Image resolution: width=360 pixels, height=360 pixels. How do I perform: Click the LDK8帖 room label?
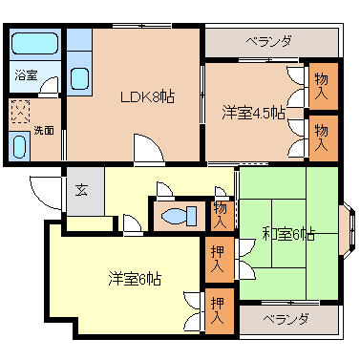[146, 96]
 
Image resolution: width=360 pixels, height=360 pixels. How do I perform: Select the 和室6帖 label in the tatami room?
[288, 234]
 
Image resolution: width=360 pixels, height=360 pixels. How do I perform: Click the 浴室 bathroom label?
[24, 74]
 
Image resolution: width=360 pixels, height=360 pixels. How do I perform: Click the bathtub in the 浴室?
[34, 44]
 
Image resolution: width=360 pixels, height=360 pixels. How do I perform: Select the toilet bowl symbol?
[177, 216]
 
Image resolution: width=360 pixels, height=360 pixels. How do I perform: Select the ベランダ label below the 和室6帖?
[286, 319]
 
